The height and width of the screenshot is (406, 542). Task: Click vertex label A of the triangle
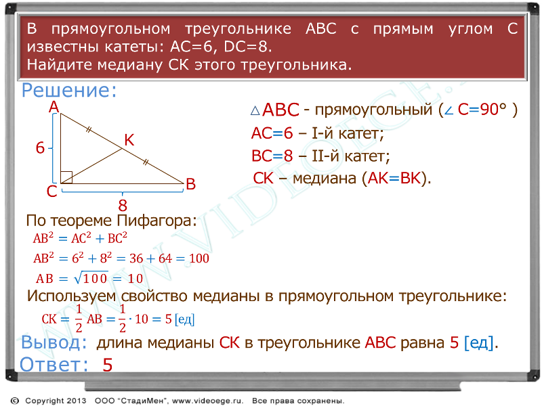(54, 107)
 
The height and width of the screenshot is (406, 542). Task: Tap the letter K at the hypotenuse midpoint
(129, 140)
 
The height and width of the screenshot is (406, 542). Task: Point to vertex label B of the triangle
(191, 184)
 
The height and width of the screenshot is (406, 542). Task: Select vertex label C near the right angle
(52, 191)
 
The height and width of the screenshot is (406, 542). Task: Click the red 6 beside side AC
(41, 148)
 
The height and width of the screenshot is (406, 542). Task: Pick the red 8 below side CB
(123, 206)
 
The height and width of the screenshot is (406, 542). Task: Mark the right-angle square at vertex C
(66, 177)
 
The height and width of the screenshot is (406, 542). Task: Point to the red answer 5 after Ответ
(108, 365)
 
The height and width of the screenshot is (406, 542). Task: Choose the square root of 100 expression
(91, 278)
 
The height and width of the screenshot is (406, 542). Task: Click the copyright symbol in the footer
(15, 401)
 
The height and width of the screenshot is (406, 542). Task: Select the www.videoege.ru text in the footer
(207, 401)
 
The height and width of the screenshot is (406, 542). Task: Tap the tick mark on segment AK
(89, 130)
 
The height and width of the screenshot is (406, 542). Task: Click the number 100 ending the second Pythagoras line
(199, 258)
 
